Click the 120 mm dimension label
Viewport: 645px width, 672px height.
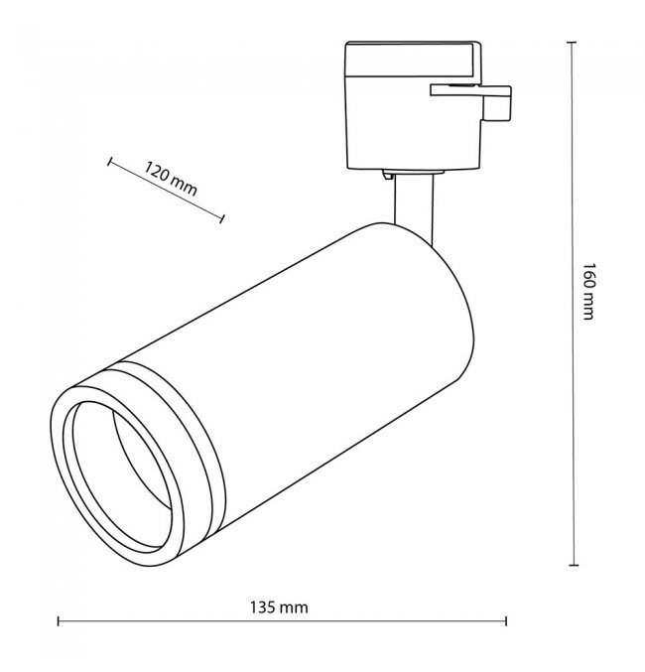tap(170, 179)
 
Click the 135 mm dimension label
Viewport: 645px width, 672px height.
tap(279, 607)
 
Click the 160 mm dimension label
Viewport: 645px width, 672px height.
tap(588, 292)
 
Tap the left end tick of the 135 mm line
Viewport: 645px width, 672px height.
tap(59, 621)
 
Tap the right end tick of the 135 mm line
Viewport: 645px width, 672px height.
tap(506, 621)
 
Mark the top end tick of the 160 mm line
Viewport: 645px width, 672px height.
tap(572, 43)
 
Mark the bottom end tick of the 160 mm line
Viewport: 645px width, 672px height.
tap(574, 565)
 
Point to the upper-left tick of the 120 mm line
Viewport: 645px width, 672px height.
tap(109, 162)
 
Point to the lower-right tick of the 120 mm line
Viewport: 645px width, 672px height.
tap(222, 218)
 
